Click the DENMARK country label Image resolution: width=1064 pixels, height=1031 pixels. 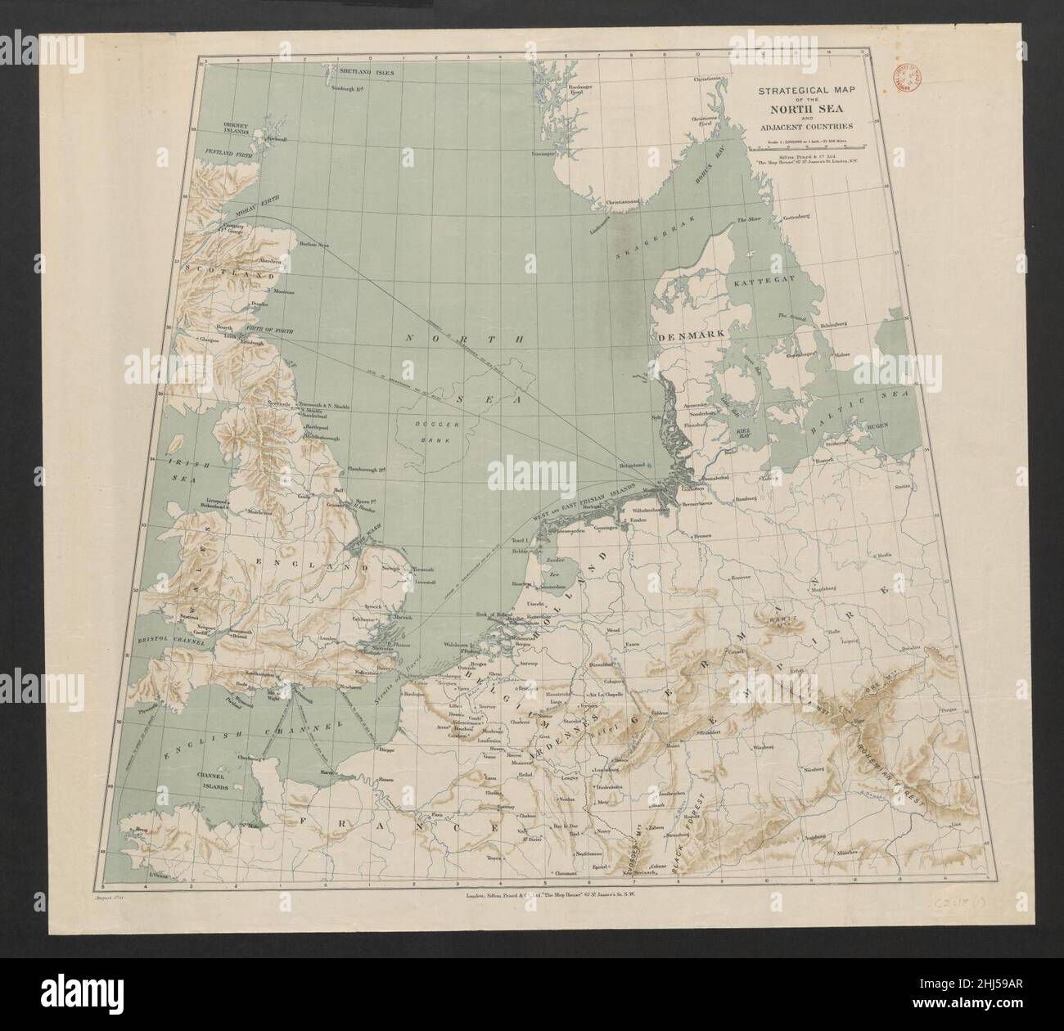[x=690, y=336]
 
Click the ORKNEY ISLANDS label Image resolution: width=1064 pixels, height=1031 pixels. [x=241, y=129]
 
